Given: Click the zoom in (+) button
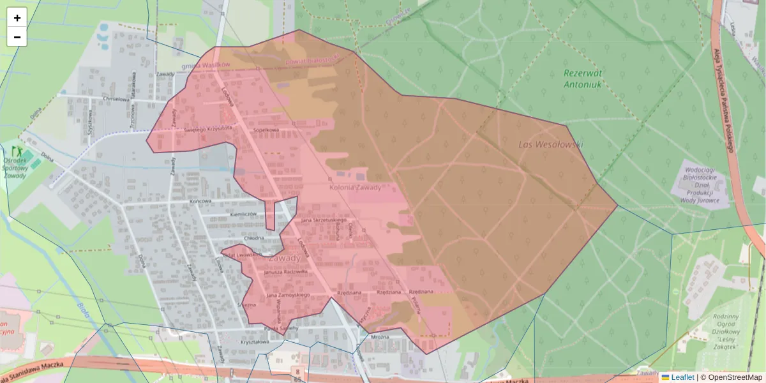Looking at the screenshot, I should (x=17, y=18).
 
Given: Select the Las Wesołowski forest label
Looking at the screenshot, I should (x=550, y=145).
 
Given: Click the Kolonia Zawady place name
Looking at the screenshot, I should (x=355, y=188).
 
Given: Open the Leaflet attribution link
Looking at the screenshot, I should (x=682, y=377).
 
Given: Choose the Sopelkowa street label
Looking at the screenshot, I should (x=266, y=130).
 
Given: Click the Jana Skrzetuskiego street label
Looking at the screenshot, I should (x=323, y=220).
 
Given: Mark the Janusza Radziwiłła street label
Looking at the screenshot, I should (x=285, y=272).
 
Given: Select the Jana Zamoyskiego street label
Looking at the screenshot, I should (x=288, y=295).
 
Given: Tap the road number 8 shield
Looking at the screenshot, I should (x=297, y=370).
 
